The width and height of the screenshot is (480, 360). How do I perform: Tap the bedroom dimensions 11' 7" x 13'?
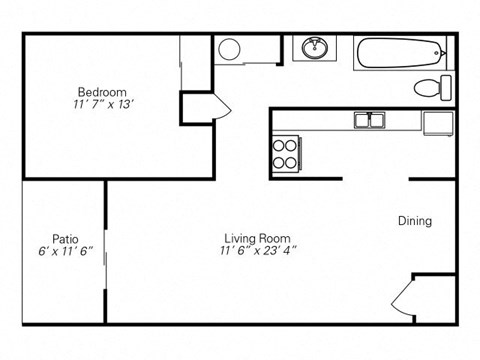pos(100,103)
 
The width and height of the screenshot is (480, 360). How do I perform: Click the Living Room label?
pos(257,238)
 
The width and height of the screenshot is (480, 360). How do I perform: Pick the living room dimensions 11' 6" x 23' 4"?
pos(259,252)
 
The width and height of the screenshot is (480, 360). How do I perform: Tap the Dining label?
pos(415,221)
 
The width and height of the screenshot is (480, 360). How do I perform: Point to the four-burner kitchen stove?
pos(285,152)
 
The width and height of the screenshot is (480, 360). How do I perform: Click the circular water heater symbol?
pos(229,49)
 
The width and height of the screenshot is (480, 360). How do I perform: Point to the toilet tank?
pos(446,87)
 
